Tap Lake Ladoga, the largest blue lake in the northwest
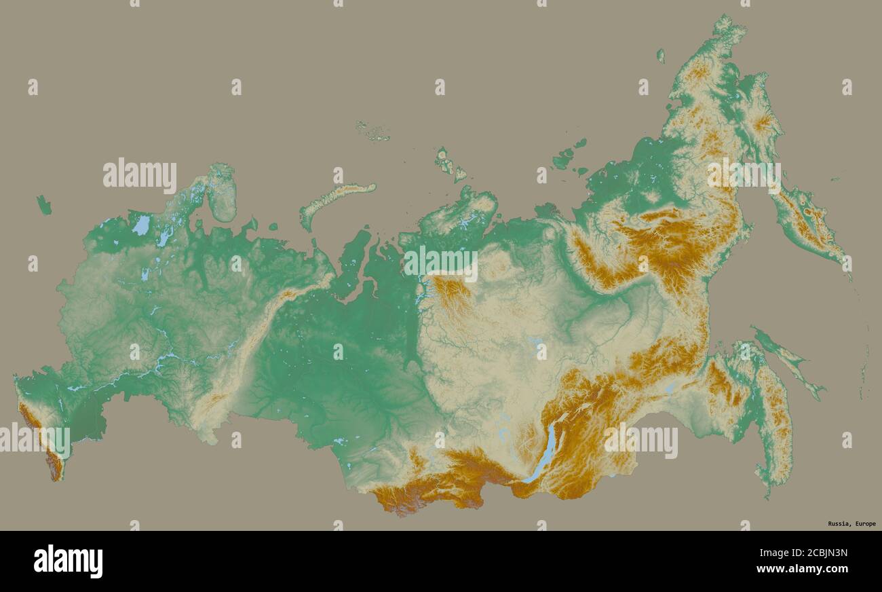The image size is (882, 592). tap(142, 225)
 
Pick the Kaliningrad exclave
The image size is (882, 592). tap(44, 204)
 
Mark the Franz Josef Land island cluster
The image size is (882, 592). tap(372, 132)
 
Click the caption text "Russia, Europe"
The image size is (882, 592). tap(851, 523)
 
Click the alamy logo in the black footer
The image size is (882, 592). tap(68, 561)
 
